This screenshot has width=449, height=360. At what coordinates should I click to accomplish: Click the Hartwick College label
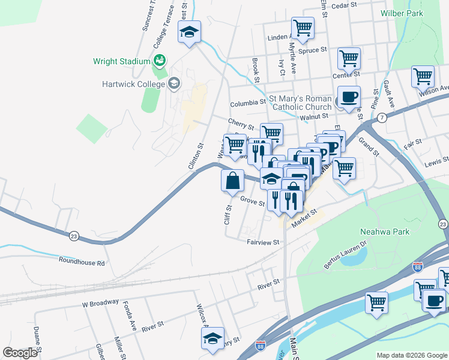click(130, 84)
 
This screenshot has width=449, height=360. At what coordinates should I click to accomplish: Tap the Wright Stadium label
click(121, 61)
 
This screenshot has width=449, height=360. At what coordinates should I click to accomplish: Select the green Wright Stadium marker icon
click(159, 60)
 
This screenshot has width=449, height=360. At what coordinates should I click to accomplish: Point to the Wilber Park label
click(402, 13)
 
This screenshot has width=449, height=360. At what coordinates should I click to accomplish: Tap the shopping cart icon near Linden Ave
click(303, 27)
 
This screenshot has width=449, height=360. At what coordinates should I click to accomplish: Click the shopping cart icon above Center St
click(348, 58)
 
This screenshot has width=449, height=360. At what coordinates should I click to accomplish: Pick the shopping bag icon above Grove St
click(232, 179)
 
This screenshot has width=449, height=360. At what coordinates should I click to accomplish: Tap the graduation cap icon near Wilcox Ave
click(212, 338)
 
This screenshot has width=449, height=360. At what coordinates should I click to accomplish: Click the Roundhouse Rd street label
click(82, 262)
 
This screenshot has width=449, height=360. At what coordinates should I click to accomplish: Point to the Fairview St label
click(264, 242)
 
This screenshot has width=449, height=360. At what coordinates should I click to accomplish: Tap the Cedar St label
click(345, 5)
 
